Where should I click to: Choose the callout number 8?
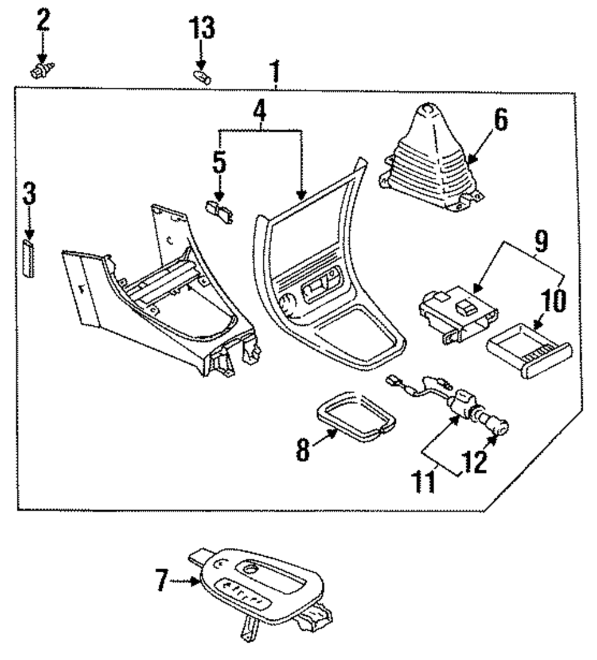point(303,450)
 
